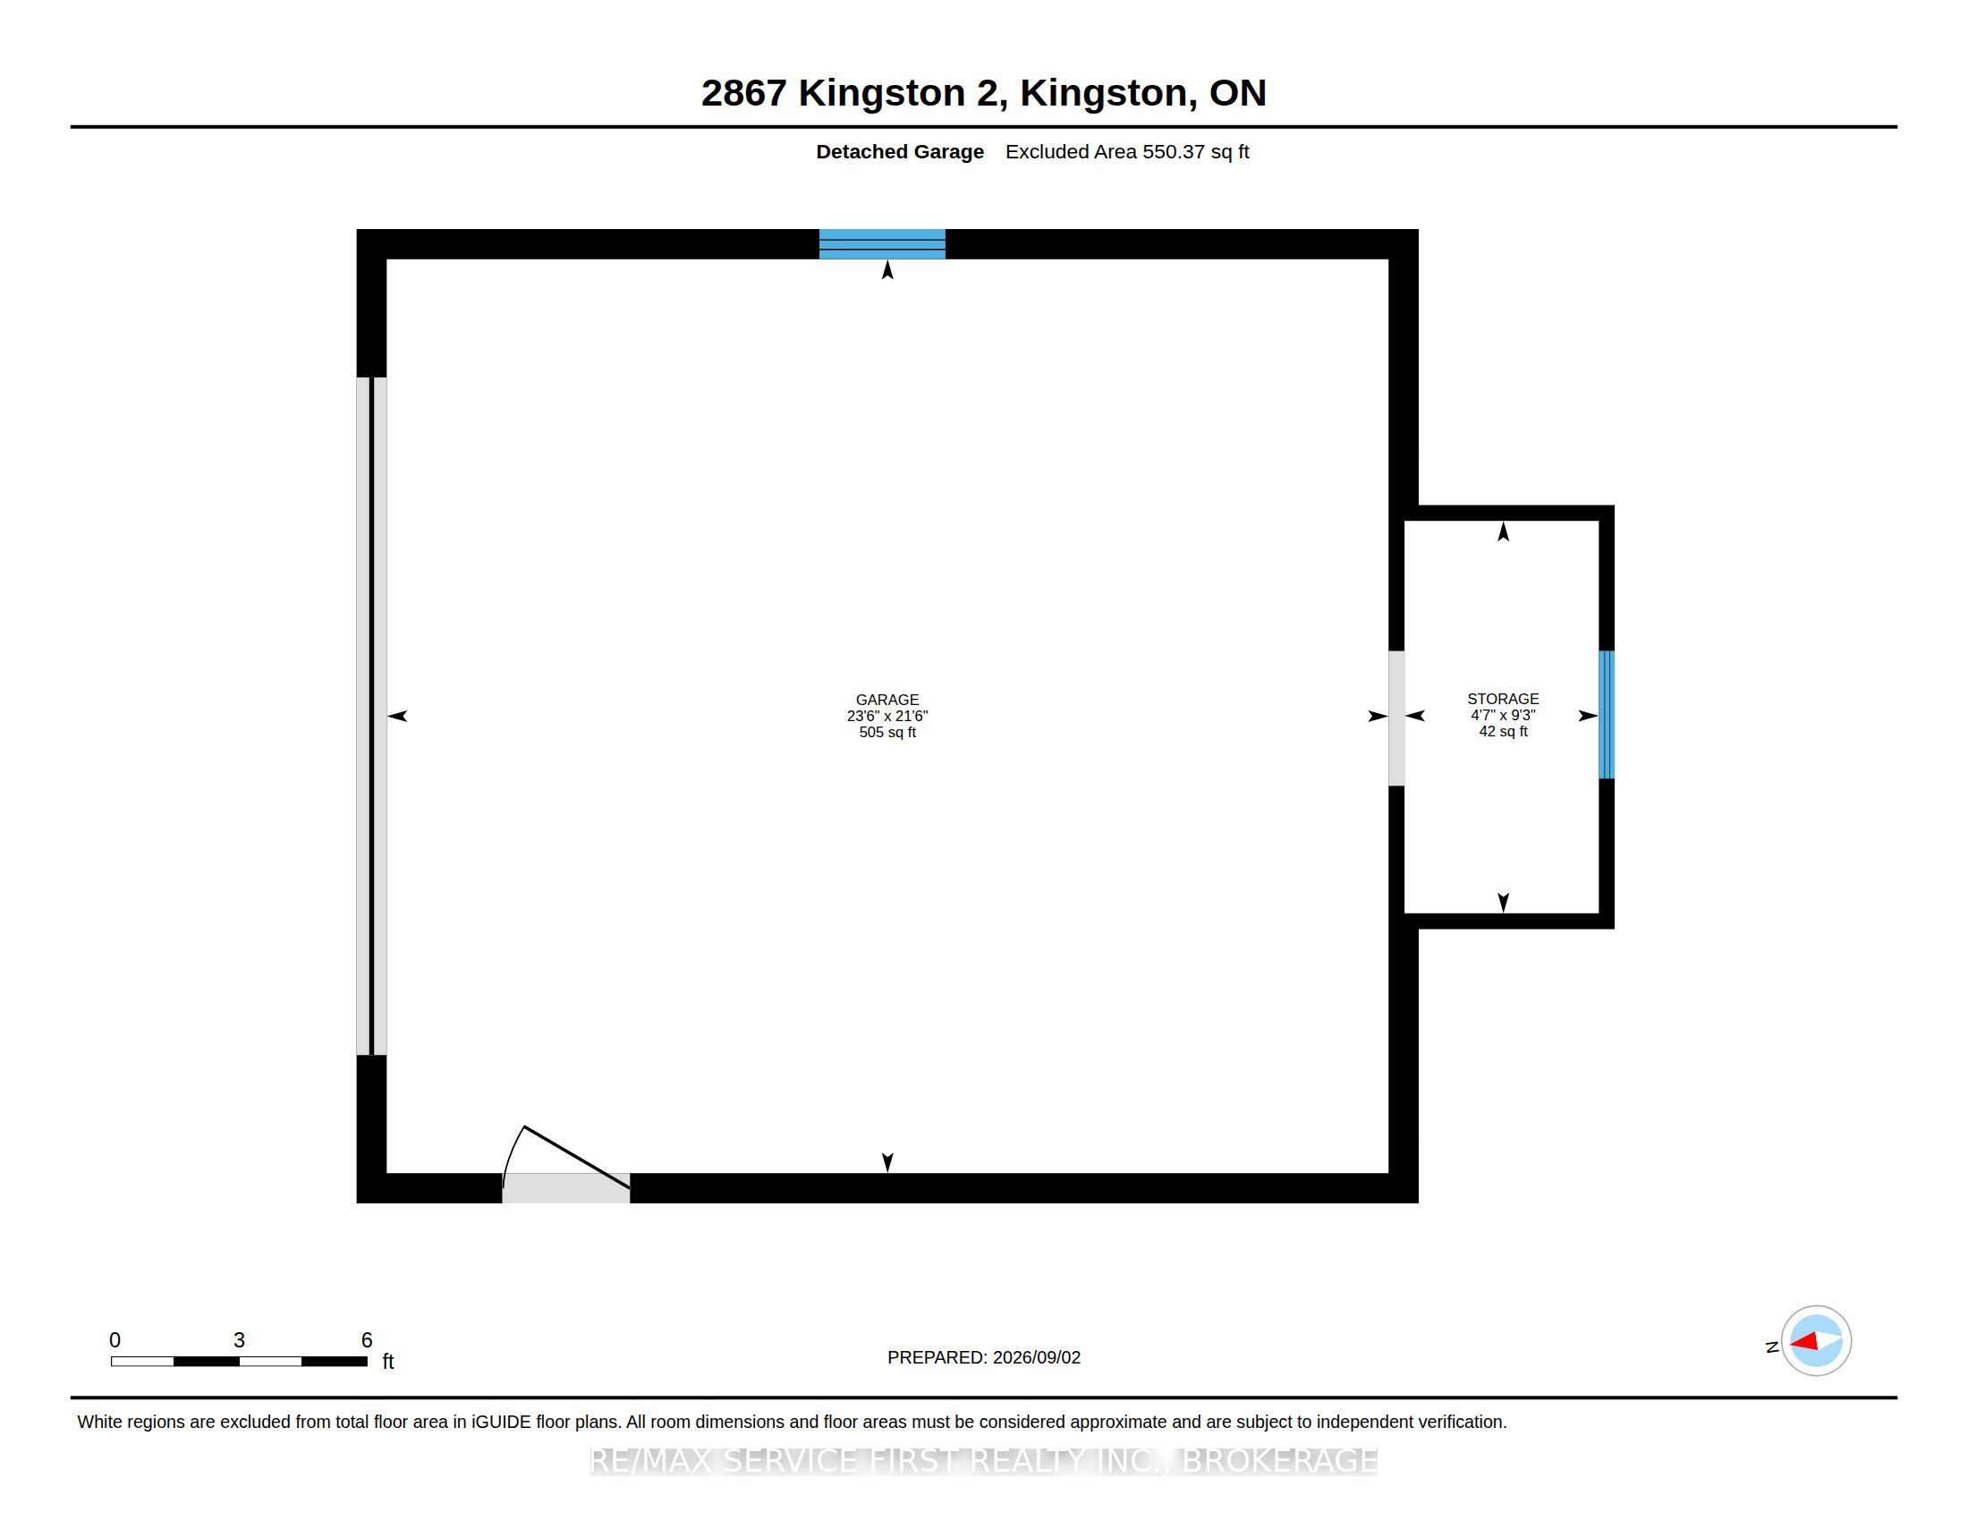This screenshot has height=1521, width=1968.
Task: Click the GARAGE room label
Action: click(886, 700)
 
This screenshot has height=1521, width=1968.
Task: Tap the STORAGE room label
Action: click(1502, 699)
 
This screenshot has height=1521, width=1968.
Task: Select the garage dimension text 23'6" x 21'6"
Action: click(886, 716)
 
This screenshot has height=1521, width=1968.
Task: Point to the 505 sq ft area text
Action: click(886, 732)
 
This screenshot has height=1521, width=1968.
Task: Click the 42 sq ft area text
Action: click(1502, 731)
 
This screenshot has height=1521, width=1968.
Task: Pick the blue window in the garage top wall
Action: click(881, 244)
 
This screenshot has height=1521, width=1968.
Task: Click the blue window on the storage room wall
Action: click(1606, 714)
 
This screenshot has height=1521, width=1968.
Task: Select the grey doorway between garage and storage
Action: click(1395, 718)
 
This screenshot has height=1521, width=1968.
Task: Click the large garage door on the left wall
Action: click(371, 716)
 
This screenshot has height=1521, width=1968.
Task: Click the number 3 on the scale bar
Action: click(239, 1340)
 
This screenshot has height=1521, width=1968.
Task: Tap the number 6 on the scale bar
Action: click(367, 1340)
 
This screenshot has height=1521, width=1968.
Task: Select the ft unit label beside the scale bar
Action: click(388, 1361)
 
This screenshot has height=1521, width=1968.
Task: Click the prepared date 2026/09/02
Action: click(1034, 1357)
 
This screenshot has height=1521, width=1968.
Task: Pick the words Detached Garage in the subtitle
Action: click(899, 151)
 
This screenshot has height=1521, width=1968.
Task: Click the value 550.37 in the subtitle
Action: click(1174, 151)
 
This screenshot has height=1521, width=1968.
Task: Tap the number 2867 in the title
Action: click(744, 93)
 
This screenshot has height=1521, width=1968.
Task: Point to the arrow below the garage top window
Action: click(887, 269)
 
